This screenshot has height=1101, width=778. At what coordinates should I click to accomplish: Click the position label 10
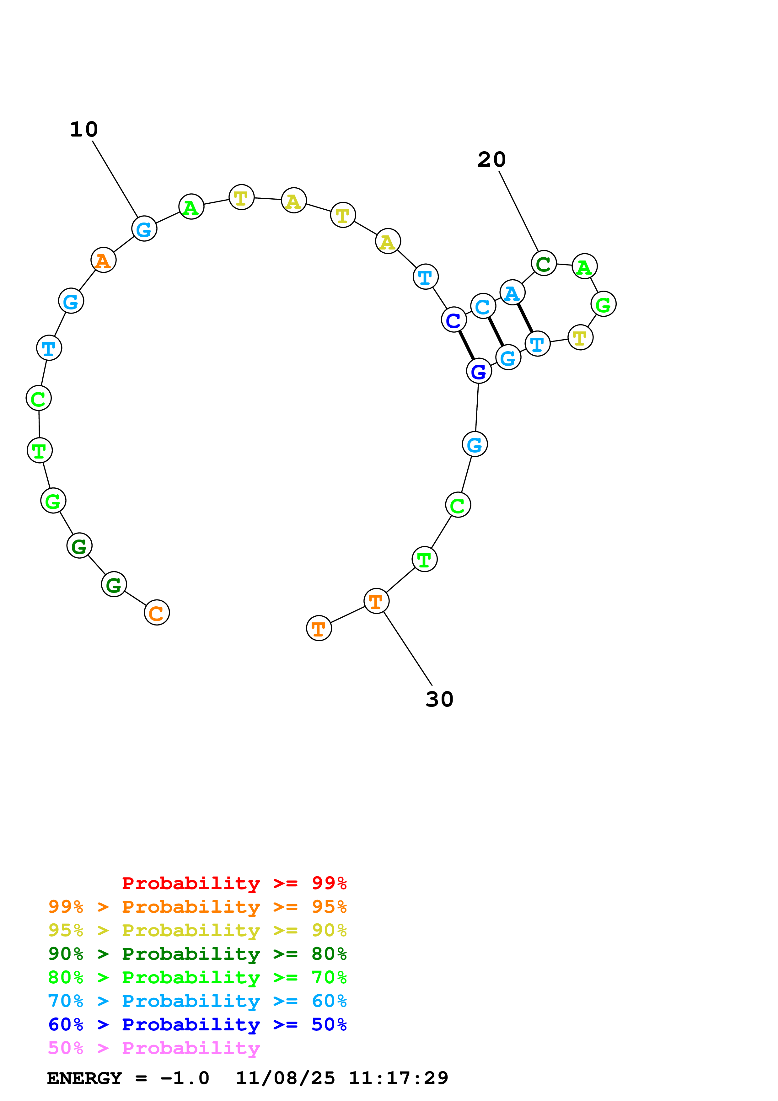(84, 130)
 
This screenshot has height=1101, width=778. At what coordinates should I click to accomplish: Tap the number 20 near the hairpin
(491, 160)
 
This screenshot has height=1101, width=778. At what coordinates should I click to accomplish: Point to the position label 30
(439, 700)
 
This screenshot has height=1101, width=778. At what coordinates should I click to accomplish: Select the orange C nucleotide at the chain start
(157, 613)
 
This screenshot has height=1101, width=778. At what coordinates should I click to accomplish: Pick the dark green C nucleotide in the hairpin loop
(544, 264)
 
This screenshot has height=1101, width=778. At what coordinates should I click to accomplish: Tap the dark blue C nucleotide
(453, 320)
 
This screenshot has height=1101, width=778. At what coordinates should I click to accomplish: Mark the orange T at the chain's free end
(319, 628)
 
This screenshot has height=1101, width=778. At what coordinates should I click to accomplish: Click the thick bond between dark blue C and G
(466, 345)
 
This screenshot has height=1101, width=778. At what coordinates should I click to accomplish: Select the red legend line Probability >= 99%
(234, 883)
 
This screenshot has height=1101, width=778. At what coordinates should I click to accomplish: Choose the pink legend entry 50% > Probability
(154, 1048)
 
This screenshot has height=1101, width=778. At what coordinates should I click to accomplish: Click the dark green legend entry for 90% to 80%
(197, 954)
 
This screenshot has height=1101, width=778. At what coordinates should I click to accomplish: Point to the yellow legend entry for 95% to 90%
(197, 930)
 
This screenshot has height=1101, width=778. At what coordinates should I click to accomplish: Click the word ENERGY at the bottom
(84, 1078)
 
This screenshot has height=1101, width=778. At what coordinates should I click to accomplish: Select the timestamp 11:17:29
(398, 1078)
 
